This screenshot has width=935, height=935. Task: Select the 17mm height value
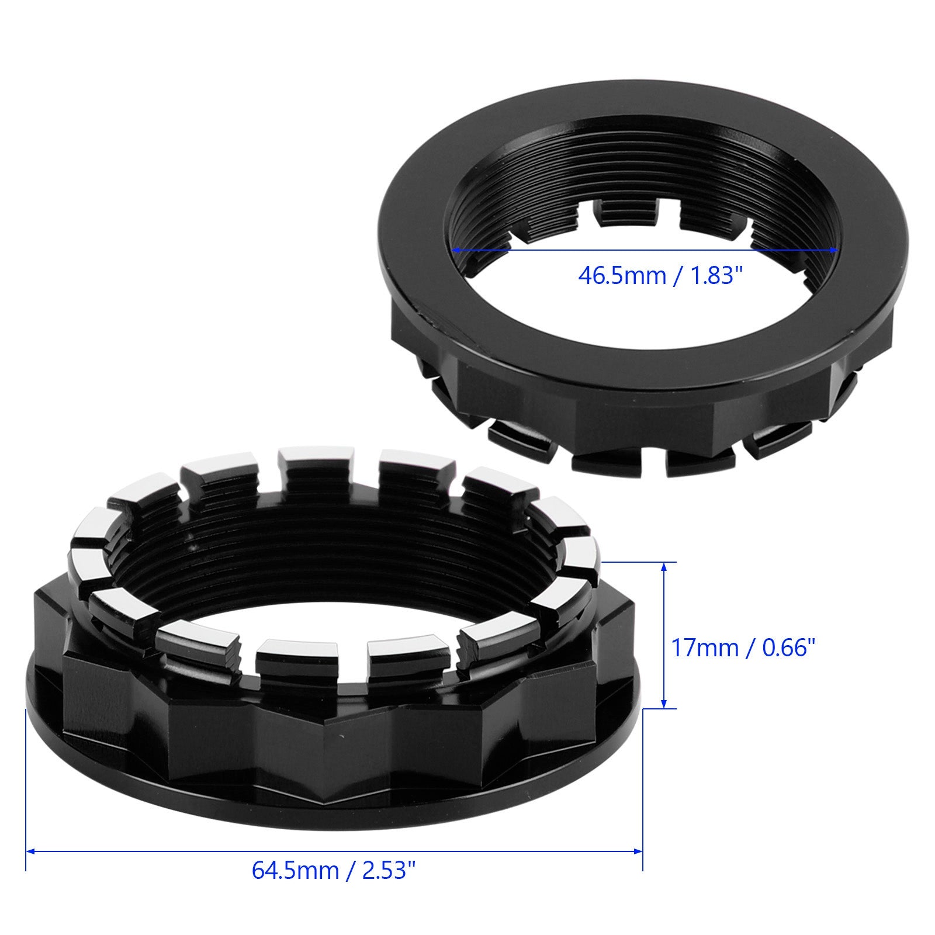704,647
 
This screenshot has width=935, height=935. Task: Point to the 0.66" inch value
783,647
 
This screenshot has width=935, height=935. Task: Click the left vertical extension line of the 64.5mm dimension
26,789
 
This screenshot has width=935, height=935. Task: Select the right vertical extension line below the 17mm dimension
643,789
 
